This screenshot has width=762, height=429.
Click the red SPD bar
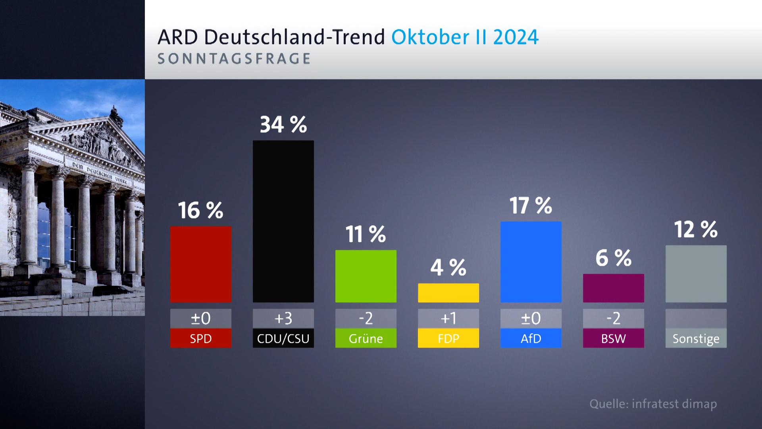[x=200, y=264]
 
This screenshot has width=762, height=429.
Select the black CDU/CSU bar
[x=283, y=221]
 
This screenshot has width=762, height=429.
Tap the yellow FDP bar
[x=448, y=293]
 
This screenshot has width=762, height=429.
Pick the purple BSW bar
[x=613, y=288]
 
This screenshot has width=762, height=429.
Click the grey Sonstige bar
[x=696, y=274]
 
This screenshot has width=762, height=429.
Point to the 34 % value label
[x=283, y=125]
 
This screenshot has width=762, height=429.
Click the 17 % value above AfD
[x=531, y=206]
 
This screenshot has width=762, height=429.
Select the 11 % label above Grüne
[x=366, y=234]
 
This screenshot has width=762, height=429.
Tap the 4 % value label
[x=448, y=268]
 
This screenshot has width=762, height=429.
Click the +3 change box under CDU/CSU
[x=283, y=319]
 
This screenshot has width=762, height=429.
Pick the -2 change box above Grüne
[x=366, y=319]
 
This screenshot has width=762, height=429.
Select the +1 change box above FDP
[x=448, y=319]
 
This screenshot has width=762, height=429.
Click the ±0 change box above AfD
[x=531, y=319]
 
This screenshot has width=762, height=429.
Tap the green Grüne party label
[x=366, y=338]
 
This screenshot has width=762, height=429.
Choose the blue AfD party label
[x=531, y=338]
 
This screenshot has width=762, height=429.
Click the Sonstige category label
[x=696, y=338]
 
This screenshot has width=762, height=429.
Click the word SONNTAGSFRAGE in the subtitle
[x=234, y=59]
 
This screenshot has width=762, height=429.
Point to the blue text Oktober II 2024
[x=465, y=37]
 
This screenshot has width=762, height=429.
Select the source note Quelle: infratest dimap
[x=653, y=404]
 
